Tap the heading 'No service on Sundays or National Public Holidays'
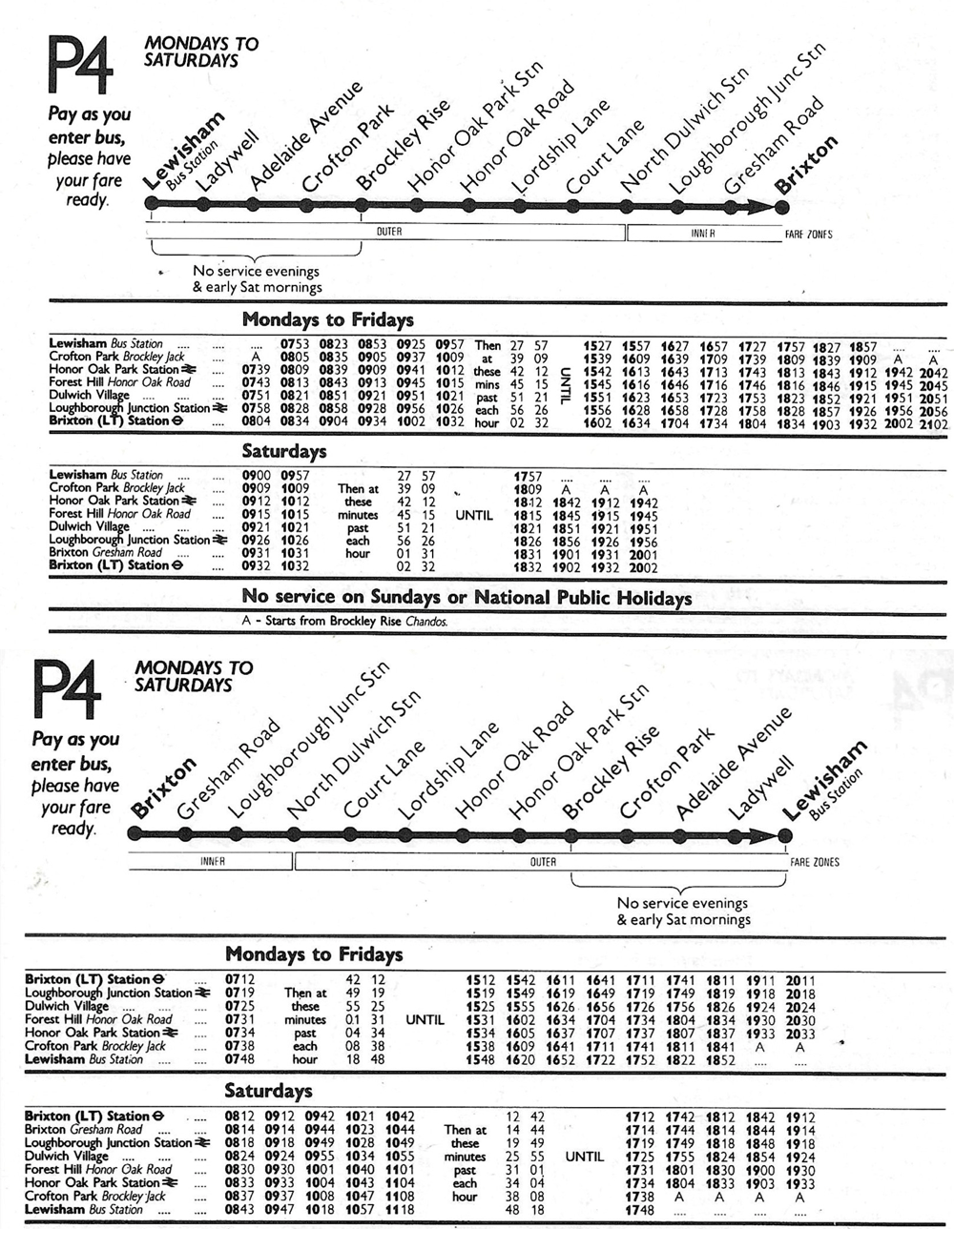467,598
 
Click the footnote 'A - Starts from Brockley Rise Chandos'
344,622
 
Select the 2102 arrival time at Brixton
934,424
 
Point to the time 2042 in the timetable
934,373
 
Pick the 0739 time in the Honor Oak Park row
256,370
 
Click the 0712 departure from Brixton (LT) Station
239,979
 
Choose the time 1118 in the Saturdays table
400,1210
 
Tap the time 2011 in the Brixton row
800,979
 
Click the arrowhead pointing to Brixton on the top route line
760,205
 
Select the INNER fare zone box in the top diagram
702,233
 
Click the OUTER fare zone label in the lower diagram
542,862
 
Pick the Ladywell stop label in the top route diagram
217,164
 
